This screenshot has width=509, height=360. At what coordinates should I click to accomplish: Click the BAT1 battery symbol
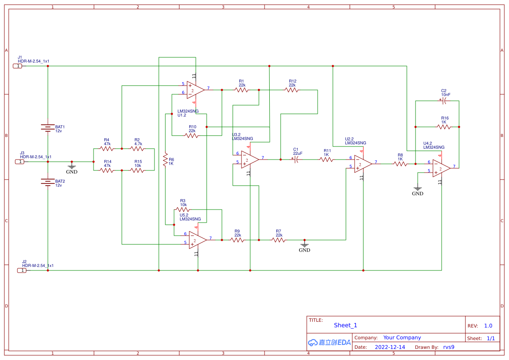[47, 127]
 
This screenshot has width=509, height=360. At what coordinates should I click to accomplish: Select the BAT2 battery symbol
[47, 181]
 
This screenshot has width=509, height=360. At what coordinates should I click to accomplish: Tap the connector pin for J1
[18, 66]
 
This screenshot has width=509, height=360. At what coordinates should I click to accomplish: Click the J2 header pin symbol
[22, 270]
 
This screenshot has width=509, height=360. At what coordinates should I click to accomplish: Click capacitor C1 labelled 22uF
[296, 160]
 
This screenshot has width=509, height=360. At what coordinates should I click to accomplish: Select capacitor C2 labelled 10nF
[444, 101]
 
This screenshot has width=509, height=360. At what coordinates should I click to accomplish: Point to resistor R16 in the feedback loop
[444, 127]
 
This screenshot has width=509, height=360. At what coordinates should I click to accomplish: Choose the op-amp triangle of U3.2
[250, 160]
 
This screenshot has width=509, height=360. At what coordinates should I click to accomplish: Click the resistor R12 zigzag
[292, 90]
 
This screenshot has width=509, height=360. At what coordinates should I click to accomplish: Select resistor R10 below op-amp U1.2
[192, 136]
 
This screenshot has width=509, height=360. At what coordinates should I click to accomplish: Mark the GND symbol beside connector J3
[72, 167]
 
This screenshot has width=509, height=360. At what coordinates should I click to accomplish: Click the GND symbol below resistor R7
[305, 245]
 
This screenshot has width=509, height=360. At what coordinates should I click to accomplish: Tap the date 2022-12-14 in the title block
[390, 347]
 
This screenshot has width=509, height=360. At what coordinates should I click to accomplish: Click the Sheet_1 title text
[345, 325]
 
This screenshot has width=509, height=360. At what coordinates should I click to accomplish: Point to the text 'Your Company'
[402, 337]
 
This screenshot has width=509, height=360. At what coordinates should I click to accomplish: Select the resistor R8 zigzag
[400, 164]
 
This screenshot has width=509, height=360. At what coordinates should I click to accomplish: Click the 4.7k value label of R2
[138, 143]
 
